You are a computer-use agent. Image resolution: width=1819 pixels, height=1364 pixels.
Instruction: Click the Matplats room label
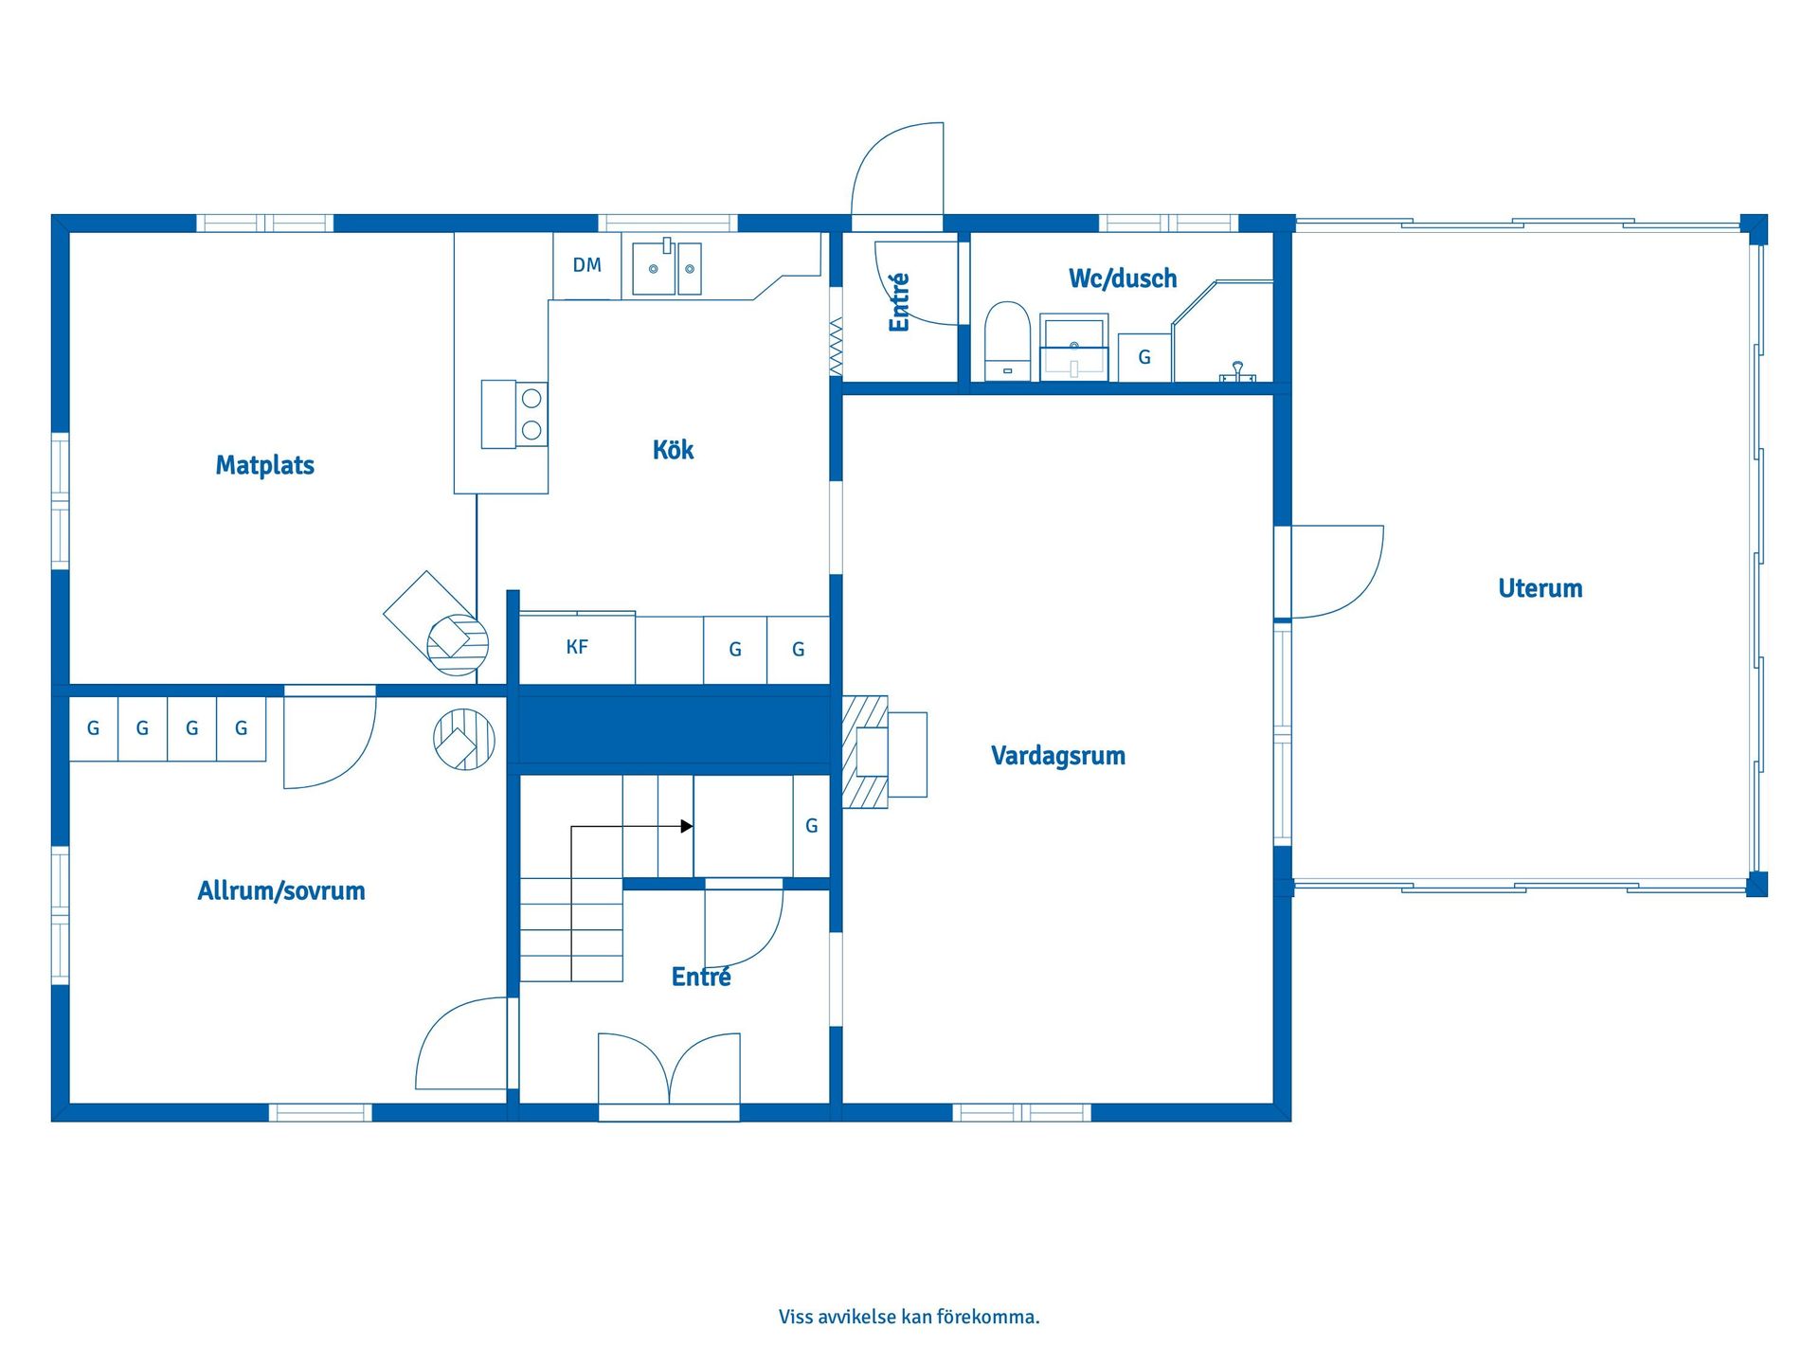(264, 465)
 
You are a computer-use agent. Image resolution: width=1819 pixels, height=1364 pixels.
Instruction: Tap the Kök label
(673, 450)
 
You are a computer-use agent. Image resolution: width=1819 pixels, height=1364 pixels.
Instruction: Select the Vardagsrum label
(1057, 756)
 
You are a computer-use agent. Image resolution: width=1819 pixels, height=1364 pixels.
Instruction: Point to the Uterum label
(1540, 588)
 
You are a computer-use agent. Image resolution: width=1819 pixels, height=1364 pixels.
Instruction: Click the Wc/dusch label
(1122, 278)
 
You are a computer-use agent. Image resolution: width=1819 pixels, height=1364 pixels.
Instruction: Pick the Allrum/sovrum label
(280, 890)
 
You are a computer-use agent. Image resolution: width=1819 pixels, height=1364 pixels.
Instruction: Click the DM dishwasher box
(586, 266)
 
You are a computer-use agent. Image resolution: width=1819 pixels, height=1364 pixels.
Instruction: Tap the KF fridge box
(577, 649)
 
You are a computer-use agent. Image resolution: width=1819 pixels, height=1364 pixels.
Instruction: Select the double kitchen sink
(667, 268)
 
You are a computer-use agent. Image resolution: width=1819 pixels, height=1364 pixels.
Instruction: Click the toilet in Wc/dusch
(1007, 341)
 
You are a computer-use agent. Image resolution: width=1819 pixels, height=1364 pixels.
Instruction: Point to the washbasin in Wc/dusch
(1073, 347)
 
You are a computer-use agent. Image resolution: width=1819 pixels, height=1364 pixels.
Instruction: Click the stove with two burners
(514, 414)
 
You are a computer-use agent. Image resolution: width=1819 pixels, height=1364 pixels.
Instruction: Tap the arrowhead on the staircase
(687, 826)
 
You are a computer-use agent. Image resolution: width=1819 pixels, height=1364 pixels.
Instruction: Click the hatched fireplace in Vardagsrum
(865, 752)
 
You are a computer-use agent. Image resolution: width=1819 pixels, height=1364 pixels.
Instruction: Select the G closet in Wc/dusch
(1144, 358)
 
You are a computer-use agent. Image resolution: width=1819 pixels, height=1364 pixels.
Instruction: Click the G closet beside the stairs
(811, 826)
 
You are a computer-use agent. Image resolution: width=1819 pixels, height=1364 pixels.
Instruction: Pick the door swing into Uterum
(1336, 571)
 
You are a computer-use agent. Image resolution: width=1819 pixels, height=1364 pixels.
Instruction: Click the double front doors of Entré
(669, 1070)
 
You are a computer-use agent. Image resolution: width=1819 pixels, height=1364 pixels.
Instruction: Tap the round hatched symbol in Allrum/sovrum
(464, 739)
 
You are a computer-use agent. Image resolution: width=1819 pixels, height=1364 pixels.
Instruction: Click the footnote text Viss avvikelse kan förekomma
(909, 1317)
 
